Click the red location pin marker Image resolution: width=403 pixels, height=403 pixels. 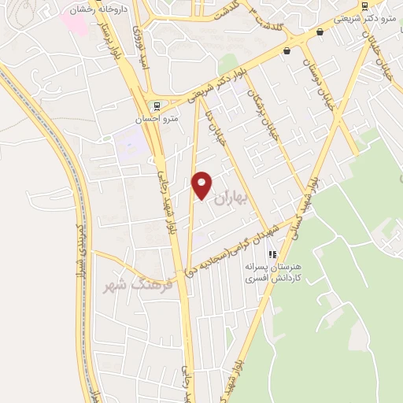(202, 185)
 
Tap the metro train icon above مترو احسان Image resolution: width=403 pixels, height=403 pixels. (156, 105)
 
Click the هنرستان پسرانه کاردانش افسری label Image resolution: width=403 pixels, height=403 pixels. (274, 273)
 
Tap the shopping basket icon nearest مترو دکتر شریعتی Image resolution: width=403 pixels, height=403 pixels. (320, 32)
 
